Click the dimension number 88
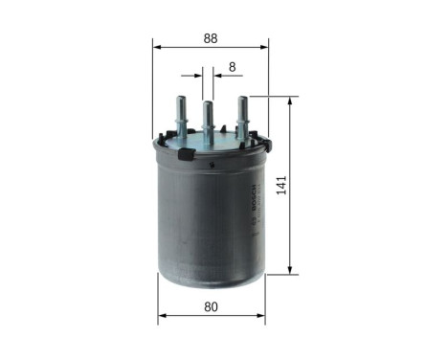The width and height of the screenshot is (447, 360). click(211, 38)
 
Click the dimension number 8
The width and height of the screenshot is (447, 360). click(232, 68)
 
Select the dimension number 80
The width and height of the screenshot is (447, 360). click(211, 308)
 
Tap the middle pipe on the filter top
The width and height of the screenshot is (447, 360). click(207, 119)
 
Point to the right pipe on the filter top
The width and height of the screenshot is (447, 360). click(242, 112)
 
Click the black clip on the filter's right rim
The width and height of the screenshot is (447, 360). click(267, 146)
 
